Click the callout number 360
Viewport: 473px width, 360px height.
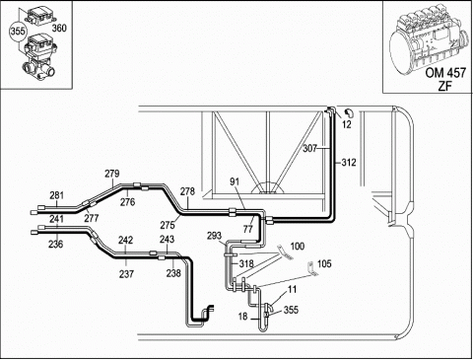coord(59,29)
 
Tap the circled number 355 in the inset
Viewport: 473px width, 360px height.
coord(18,32)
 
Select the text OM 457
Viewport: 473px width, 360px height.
coord(445,73)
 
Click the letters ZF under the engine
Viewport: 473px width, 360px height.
coord(445,86)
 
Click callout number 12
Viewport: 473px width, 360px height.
coord(347,124)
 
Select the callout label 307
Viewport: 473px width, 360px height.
coord(309,148)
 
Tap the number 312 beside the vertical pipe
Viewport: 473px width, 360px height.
coord(349,162)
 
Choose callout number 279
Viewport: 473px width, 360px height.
coord(112,174)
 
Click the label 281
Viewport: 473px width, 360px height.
coord(56,195)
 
